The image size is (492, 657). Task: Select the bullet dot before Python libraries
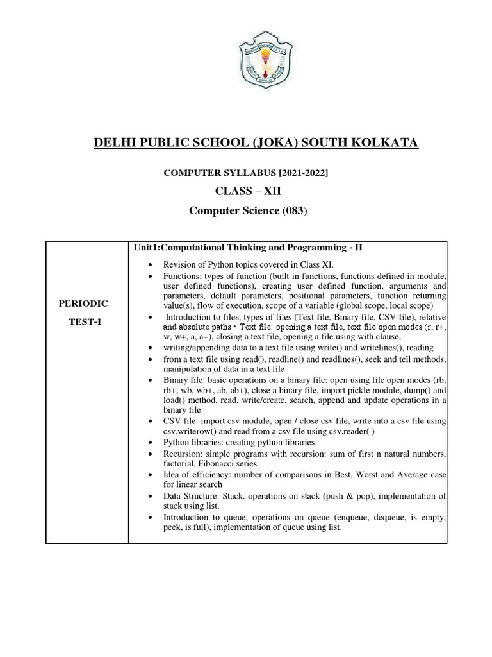[149, 443]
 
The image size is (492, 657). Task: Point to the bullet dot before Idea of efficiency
[149, 475]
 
